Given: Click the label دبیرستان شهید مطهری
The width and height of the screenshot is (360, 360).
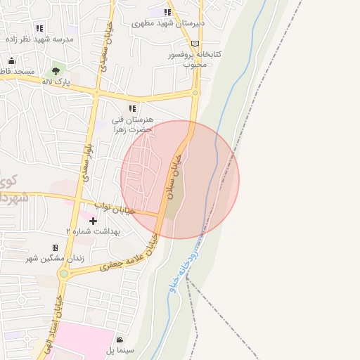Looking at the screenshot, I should pos(169,23).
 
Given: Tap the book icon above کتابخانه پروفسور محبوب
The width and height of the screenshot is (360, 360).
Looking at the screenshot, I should pos(195,44).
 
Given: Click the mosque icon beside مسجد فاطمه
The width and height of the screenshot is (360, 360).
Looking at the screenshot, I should pos(11,60).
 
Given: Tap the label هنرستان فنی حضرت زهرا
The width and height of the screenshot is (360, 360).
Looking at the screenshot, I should pos(133,124).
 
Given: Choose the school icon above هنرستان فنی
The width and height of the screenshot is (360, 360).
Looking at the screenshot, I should pos(131,108).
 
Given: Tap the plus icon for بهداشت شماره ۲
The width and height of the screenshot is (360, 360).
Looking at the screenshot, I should pos(92,221).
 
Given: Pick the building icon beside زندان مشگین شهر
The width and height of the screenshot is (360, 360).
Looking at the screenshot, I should pos(55,248).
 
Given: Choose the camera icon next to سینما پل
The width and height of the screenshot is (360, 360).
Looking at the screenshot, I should pos(120,341).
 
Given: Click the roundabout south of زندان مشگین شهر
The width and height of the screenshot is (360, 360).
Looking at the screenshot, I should pos(64,274).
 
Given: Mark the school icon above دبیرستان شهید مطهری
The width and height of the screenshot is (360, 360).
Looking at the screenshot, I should pos(167,12).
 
